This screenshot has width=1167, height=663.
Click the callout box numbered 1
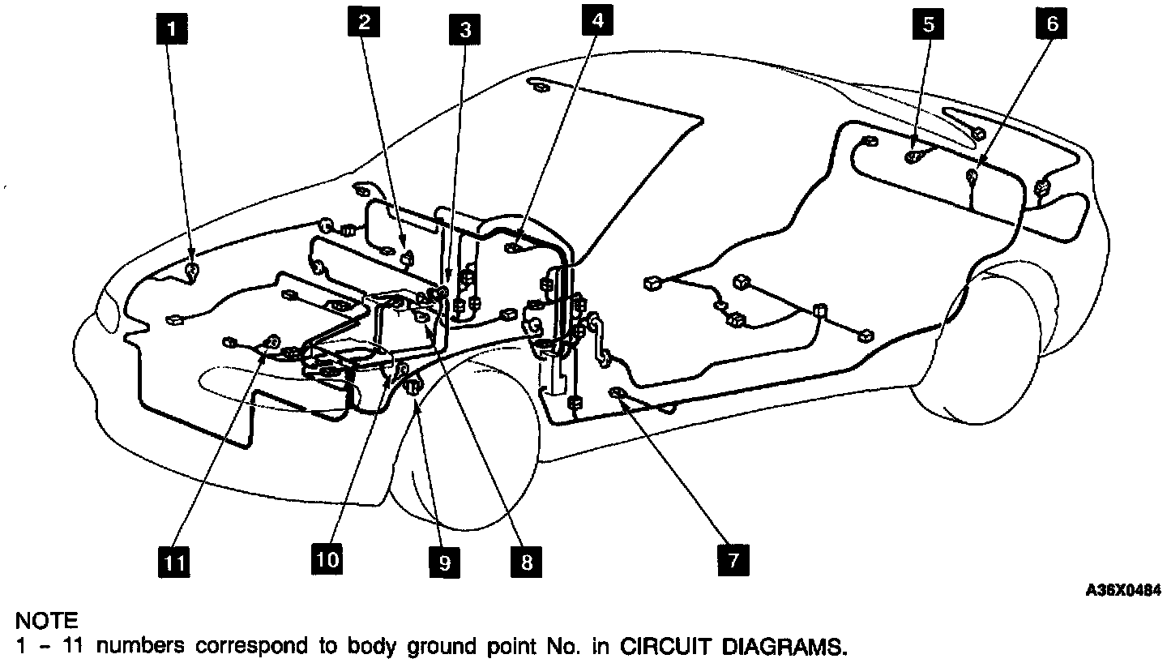(171, 30)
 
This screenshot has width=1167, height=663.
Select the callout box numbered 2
(365, 22)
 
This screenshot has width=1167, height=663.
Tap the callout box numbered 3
(465, 30)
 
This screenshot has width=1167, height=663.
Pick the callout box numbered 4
(597, 21)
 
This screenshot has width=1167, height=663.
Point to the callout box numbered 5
(928, 24)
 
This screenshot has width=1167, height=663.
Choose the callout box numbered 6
(1051, 24)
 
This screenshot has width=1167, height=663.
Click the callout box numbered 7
(733, 561)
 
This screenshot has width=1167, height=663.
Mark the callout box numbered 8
(526, 561)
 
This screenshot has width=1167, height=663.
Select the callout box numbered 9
(444, 562)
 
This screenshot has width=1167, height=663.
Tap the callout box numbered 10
(327, 558)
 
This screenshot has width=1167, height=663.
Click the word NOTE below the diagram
(47, 622)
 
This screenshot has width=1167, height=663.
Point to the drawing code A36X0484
(1123, 591)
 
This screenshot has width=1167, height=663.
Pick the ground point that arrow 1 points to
(193, 270)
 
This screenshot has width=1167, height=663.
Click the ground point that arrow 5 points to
(914, 156)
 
